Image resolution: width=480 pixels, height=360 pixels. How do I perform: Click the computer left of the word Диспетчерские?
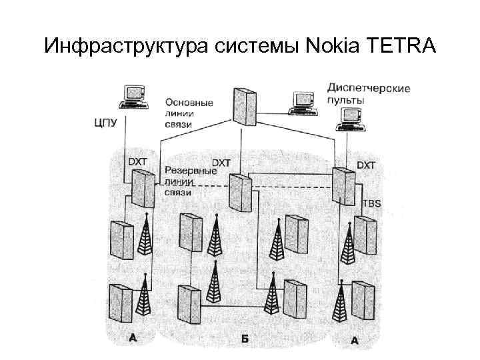[x=299, y=101]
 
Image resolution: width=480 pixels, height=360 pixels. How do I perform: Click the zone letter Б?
[x=245, y=339]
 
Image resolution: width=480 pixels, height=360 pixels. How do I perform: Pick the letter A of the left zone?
[x=133, y=338]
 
